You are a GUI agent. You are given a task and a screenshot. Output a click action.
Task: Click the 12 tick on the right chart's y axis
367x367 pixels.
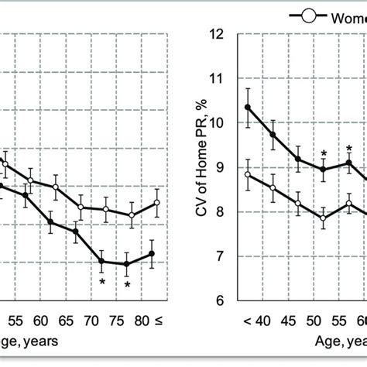(x=220, y=34)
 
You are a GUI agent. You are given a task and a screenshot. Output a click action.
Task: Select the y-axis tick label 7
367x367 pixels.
(x=222, y=256)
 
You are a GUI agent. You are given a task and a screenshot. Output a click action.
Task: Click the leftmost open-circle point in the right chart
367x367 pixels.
(x=249, y=175)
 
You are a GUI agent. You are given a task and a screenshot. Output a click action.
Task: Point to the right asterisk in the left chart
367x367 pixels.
(x=127, y=285)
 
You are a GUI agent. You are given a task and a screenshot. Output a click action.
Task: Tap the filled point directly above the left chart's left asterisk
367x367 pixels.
(x=101, y=262)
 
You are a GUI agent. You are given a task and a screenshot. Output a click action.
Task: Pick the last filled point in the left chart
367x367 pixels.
(x=153, y=254)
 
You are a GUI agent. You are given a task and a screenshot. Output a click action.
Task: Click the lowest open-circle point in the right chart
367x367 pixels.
(x=324, y=218)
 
